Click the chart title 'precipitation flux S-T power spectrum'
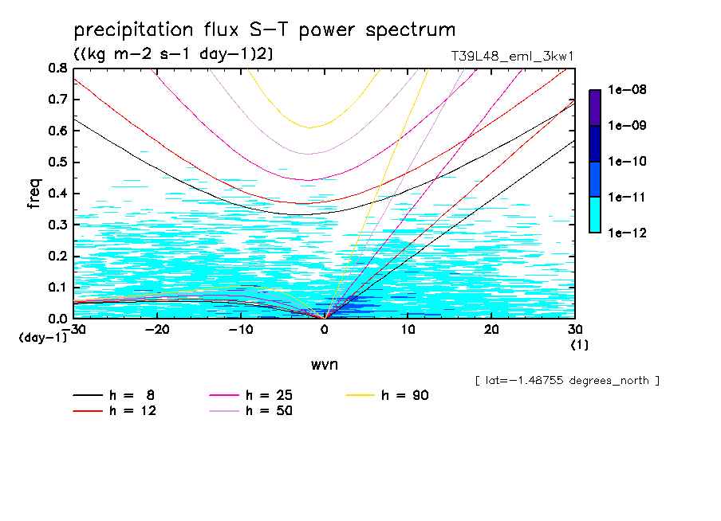click(x=264, y=30)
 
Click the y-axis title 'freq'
click(x=33, y=194)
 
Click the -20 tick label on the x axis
click(x=157, y=329)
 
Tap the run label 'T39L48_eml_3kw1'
click(x=512, y=56)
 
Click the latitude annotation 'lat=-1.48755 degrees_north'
click(x=566, y=380)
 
